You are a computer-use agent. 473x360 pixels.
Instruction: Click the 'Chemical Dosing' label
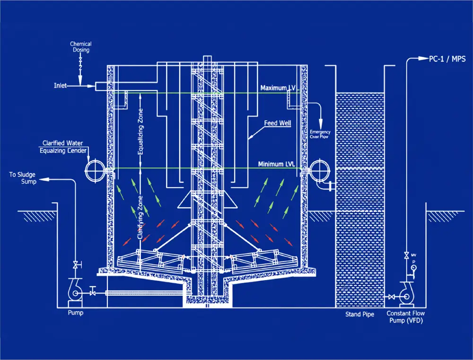pos(80,47)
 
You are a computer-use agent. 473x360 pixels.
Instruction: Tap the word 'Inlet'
pos(60,86)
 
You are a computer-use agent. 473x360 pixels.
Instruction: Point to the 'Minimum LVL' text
pos(277,164)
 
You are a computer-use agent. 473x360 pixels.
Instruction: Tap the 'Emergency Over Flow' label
pos(320,134)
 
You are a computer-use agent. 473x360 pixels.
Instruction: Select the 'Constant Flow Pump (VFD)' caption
pos(405,317)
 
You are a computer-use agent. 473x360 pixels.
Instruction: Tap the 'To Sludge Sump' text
pos(22,178)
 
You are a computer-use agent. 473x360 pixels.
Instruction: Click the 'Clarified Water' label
pos(64,143)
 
